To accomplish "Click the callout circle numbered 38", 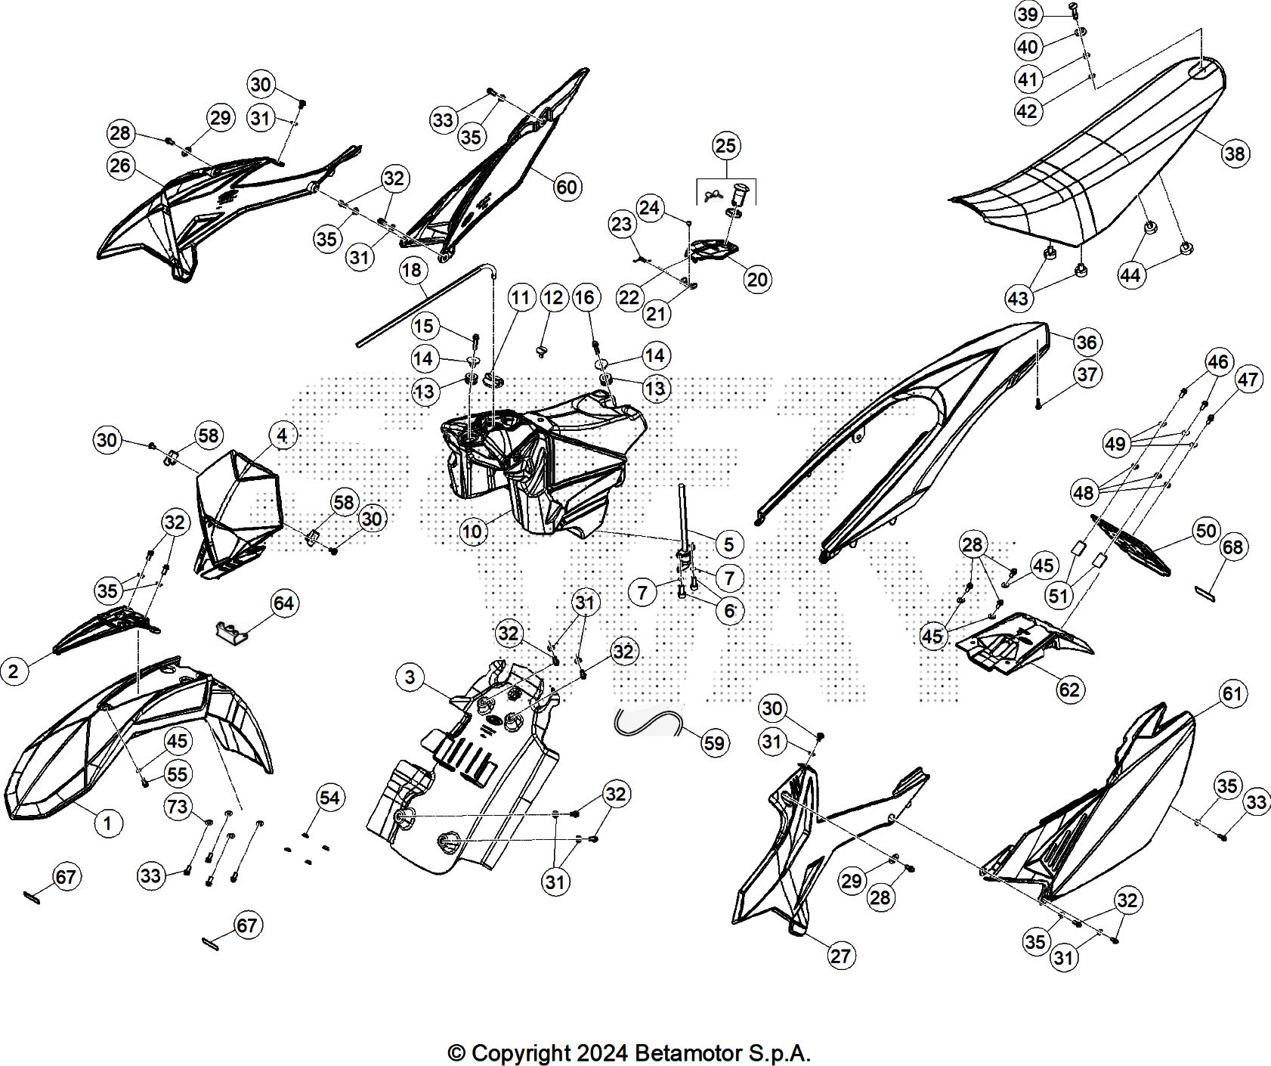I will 1234,154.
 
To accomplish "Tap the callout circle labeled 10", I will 472,531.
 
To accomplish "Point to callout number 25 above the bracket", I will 725,145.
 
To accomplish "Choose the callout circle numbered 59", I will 713,744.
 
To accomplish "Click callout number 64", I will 284,603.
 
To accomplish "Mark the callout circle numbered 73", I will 177,807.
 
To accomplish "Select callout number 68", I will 1232,547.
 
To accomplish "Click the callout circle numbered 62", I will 1069,689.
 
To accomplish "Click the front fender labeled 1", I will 136,726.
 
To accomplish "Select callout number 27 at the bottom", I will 840,956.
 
